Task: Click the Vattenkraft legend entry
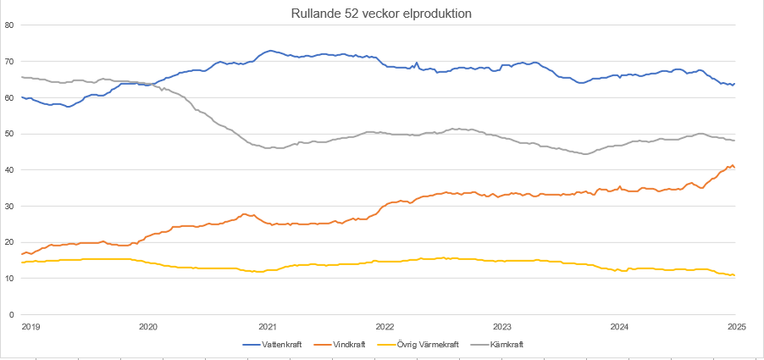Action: [279, 345]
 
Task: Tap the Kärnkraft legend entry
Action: [507, 345]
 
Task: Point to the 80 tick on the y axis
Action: [10, 25]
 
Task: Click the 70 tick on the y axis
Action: [10, 62]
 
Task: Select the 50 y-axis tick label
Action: [10, 134]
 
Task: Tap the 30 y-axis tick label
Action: [10, 207]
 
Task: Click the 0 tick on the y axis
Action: [13, 315]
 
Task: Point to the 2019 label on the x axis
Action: [30, 326]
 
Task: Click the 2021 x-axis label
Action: [267, 326]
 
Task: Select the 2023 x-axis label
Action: [502, 326]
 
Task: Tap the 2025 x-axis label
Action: [735, 326]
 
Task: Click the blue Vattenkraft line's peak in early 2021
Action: [270, 51]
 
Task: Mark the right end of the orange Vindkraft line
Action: [734, 167]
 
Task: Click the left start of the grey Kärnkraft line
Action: [22, 77]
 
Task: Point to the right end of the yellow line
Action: [734, 275]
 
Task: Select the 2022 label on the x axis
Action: [385, 326]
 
